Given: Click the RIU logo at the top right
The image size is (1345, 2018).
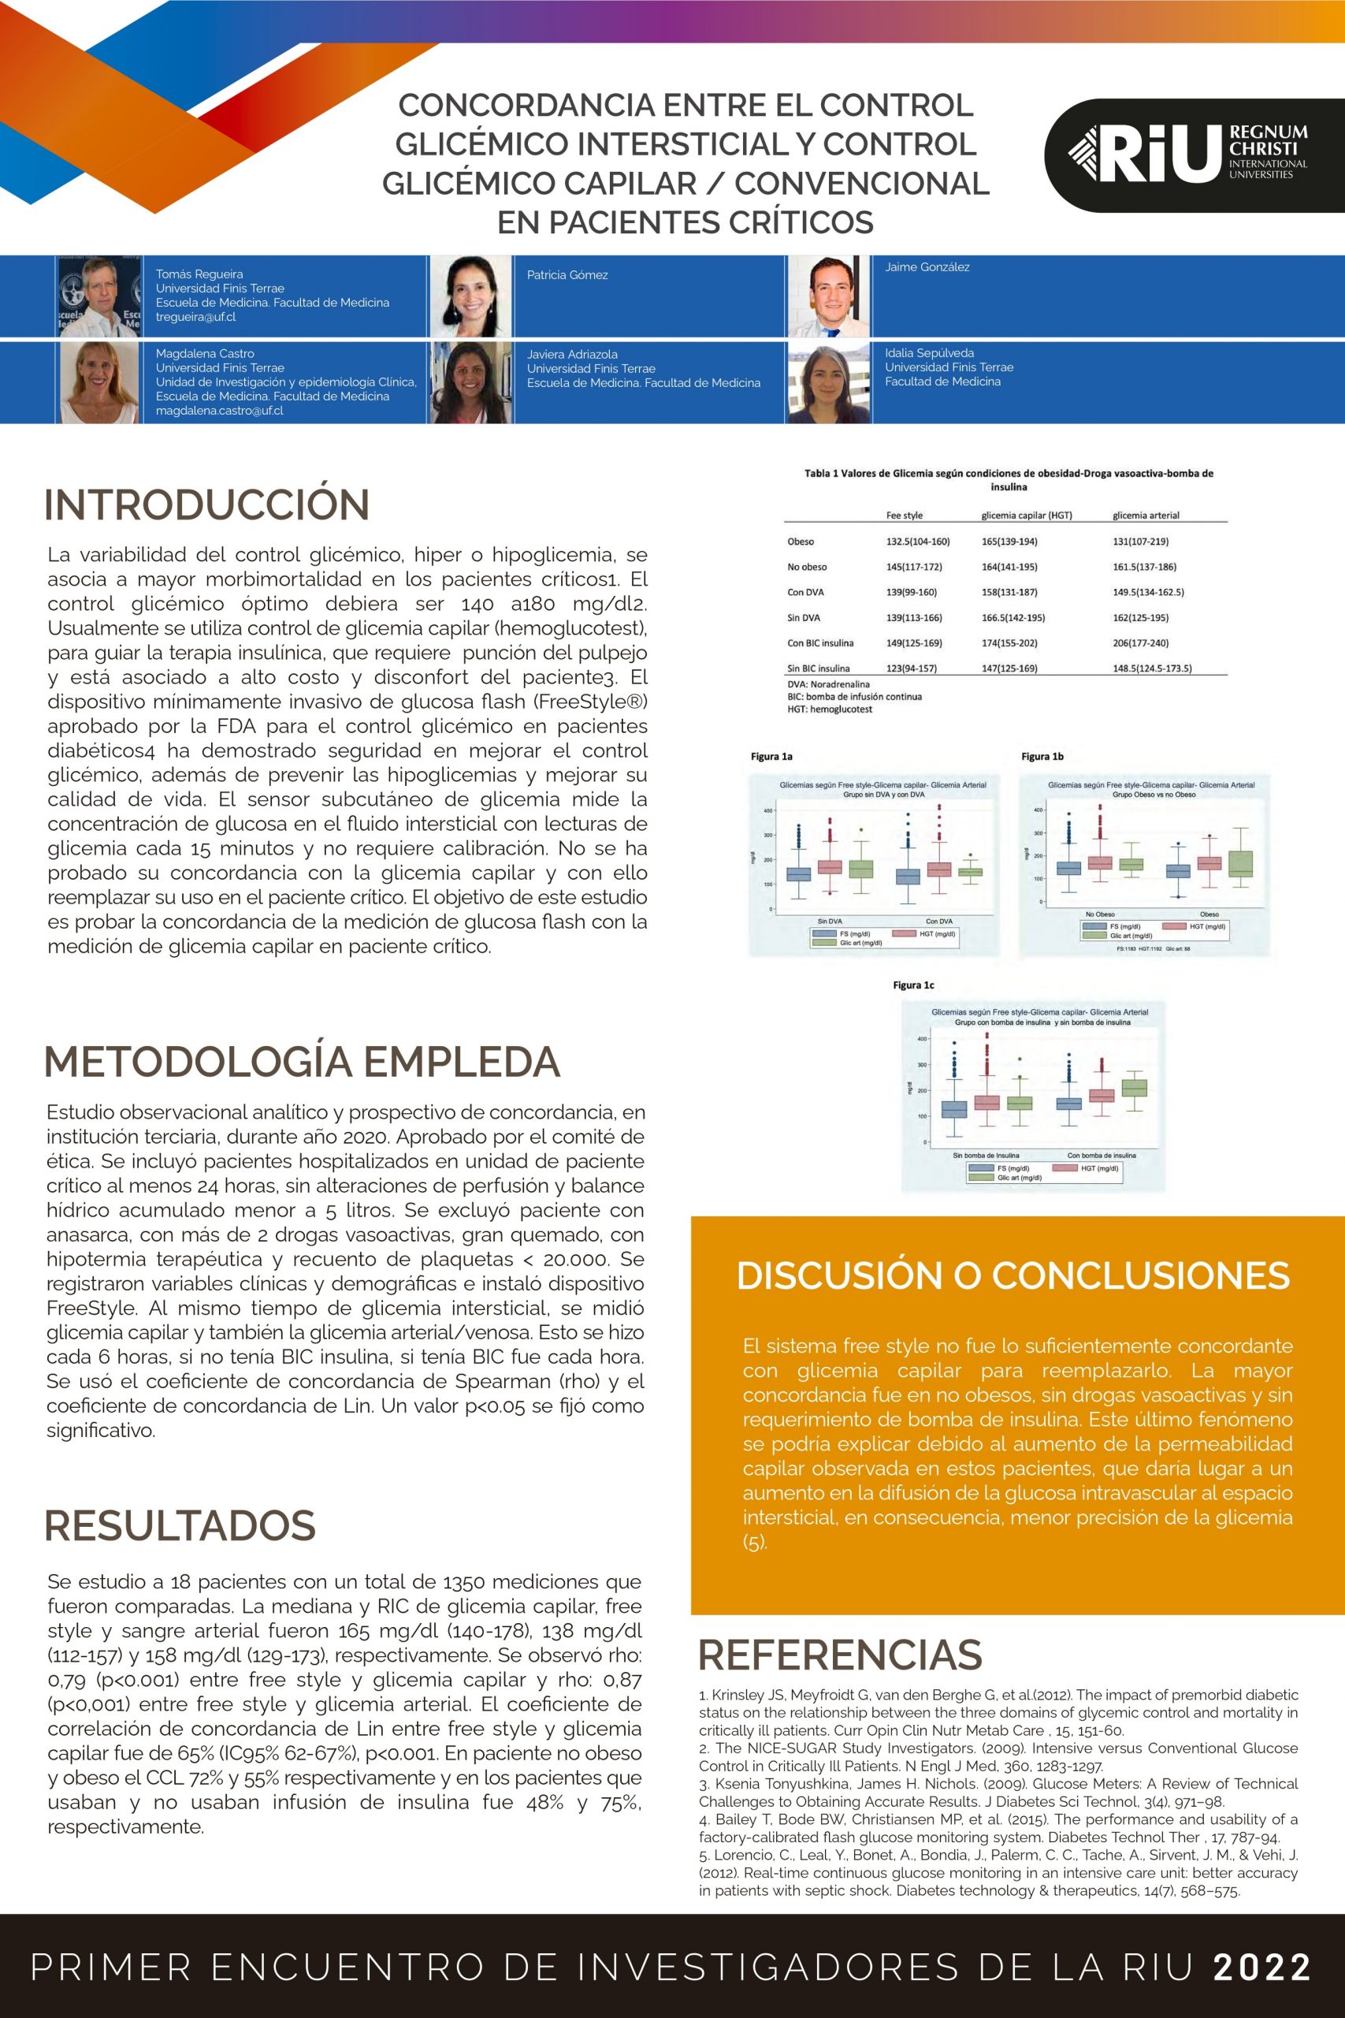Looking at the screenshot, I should click(1193, 155).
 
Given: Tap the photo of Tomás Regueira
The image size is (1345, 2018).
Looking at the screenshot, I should click(99, 296).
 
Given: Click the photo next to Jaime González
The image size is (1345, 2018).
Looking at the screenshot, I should click(830, 296).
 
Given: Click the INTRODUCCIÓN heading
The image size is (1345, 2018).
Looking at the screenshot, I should click(206, 504).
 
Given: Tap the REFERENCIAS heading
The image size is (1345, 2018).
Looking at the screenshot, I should click(840, 1655).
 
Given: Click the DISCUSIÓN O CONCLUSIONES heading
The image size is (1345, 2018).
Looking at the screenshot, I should click(1013, 1276).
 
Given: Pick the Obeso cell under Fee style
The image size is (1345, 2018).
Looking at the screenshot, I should click(917, 542).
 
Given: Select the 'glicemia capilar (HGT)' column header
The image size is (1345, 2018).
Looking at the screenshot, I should click(1026, 516).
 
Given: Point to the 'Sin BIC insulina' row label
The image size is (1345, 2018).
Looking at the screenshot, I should click(819, 668).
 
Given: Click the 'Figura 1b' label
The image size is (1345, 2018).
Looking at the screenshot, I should click(1042, 756).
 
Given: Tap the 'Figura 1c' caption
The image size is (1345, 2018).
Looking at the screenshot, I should click(912, 985).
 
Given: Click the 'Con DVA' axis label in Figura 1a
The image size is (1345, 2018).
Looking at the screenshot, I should click(938, 922).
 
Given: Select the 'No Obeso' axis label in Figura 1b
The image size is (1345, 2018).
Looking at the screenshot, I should click(1100, 914).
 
